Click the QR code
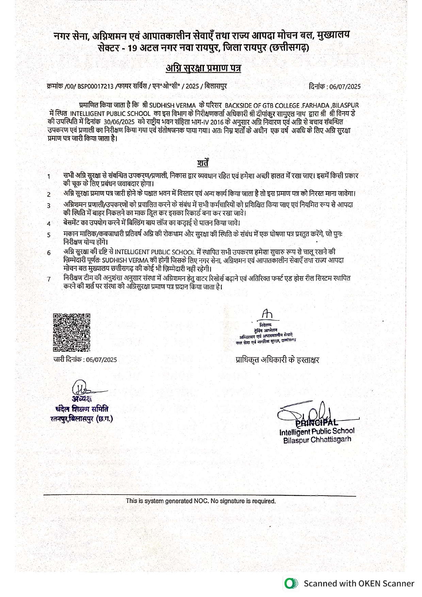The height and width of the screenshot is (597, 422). pyautogui.click(x=71, y=332)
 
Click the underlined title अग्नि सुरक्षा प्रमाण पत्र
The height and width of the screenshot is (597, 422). pyautogui.click(x=203, y=68)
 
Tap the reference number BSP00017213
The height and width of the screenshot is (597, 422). pyautogui.click(x=95, y=86)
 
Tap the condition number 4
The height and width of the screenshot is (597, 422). pyautogui.click(x=49, y=224)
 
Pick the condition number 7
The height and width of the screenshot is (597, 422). pyautogui.click(x=49, y=279)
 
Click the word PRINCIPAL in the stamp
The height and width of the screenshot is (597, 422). pyautogui.click(x=316, y=423)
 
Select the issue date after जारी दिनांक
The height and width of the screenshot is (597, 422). pyautogui.click(x=101, y=360)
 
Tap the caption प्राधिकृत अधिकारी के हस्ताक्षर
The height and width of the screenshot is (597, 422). pyautogui.click(x=277, y=360)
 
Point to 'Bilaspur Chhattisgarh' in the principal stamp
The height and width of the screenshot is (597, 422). pyautogui.click(x=317, y=440)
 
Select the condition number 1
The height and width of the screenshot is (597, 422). pyautogui.click(x=49, y=177)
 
